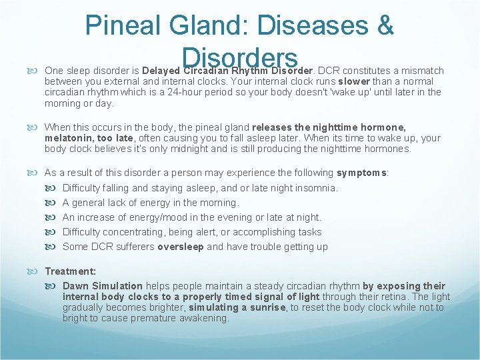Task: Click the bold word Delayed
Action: pos(161,71)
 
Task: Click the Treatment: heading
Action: pos(70,271)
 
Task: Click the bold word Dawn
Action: pos(75,285)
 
